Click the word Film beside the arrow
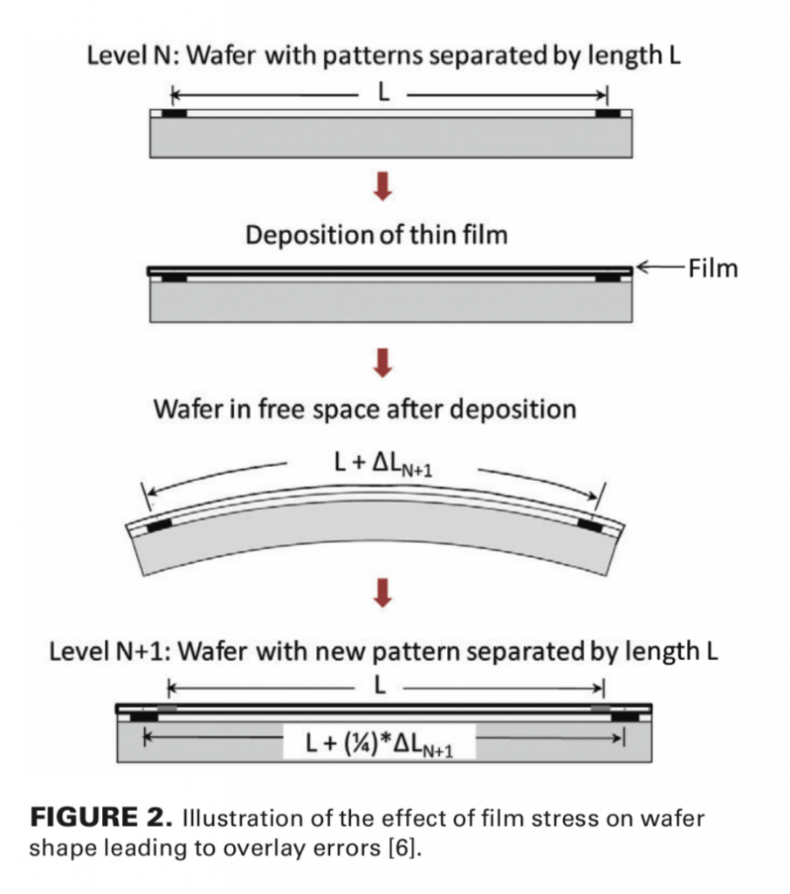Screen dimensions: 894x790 [x=712, y=268]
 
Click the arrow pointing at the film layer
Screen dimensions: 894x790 [x=658, y=268]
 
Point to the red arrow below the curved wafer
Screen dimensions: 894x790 [x=381, y=593]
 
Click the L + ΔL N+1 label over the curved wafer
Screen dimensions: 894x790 [x=384, y=469]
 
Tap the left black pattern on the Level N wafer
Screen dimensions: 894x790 [x=175, y=113]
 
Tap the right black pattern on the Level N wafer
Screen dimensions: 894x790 [x=608, y=113]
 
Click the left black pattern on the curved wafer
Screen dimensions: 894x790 [x=160, y=526]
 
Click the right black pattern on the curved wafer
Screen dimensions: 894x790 [x=590, y=524]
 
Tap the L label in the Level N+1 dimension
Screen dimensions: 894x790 [x=379, y=686]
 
